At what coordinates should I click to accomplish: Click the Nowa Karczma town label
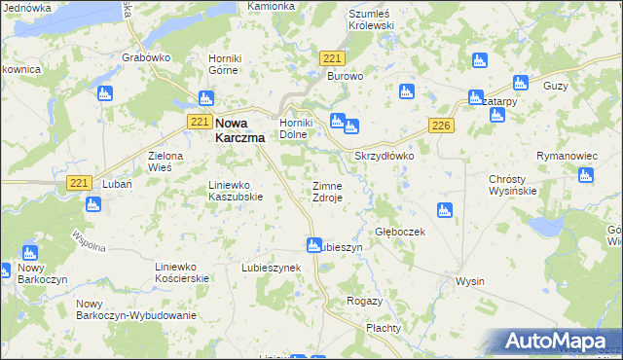tap(238, 129)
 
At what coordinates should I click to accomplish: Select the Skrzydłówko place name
tap(385, 156)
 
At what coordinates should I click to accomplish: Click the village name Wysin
tap(470, 281)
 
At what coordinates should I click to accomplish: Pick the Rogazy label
tap(364, 302)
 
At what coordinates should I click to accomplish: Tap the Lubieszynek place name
tap(272, 267)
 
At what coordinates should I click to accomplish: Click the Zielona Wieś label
tap(145, 162)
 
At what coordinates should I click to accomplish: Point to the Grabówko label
tap(146, 57)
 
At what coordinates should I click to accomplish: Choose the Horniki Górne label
tap(232, 63)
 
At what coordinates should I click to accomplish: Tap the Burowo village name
tap(345, 76)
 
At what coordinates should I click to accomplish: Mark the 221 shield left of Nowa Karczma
tap(199, 121)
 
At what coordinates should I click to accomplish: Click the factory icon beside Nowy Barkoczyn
tap(29, 252)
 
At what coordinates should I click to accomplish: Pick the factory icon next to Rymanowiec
tap(585, 176)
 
